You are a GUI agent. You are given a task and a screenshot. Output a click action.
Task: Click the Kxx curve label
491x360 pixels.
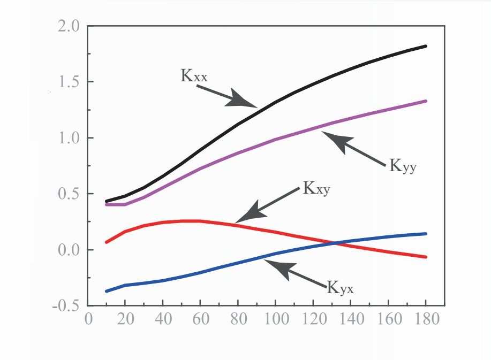pos(194,76)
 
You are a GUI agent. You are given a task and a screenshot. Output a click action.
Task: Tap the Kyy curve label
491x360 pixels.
pos(403,166)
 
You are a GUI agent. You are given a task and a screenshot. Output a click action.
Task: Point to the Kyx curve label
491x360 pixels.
pos(340,289)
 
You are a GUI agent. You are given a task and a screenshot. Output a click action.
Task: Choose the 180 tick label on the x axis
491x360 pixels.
pos(426,319)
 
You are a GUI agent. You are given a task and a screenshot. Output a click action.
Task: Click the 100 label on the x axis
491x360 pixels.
pos(276,319)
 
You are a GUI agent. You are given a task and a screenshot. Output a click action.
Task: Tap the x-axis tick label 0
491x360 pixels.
pos(88,319)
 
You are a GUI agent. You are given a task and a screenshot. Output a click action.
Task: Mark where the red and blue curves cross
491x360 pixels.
pos(336,243)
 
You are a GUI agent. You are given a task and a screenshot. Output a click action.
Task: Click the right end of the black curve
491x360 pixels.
pos(426,46)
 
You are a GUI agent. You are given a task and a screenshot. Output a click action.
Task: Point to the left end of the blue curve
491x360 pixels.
pos(107,291)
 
